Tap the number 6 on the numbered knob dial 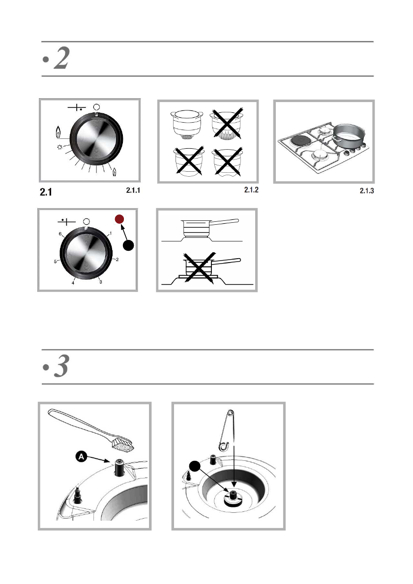[x=60, y=235]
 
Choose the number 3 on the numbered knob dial [x=100, y=282]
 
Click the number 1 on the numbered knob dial [x=111, y=234]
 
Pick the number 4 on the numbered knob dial [x=73, y=283]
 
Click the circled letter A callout [x=82, y=456]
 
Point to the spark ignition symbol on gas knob [x=59, y=147]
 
